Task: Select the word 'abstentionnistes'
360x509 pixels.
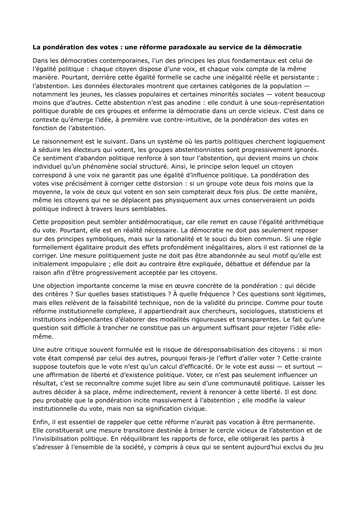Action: [x=189, y=150]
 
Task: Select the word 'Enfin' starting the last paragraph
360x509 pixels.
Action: [x=40, y=422]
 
